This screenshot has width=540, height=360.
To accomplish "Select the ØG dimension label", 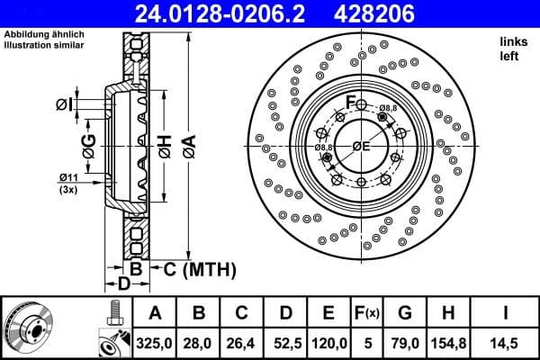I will point(88,145).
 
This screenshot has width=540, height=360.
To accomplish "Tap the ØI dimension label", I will point(63,104).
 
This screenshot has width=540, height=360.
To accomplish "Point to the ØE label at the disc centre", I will point(362,147).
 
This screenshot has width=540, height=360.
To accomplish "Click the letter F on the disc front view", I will point(353,100).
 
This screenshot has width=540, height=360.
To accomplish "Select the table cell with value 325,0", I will point(156,342).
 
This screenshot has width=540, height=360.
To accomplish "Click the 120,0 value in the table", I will point(328,342).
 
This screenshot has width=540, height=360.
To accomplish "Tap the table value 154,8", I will point(447,342).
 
